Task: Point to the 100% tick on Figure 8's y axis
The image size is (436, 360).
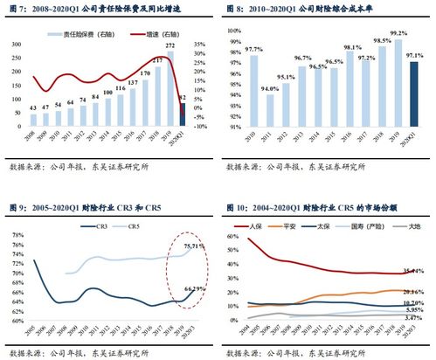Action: click(234, 30)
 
